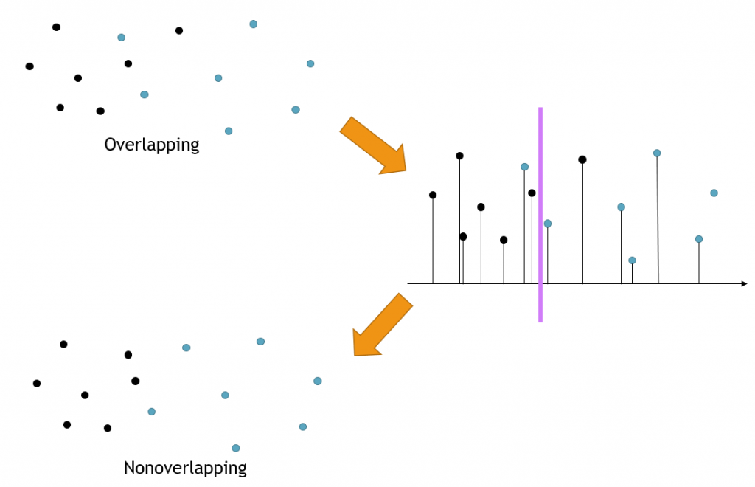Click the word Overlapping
click(152, 144)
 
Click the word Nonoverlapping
click(185, 468)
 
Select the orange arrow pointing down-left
click(381, 325)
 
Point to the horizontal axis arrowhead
click(744, 283)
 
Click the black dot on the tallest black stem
click(459, 156)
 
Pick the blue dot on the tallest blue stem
click(657, 153)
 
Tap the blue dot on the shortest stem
click(632, 260)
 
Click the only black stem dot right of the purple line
click(582, 159)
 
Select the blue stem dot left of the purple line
click(524, 167)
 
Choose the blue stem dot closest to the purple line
click(547, 224)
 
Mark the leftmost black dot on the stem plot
click(433, 195)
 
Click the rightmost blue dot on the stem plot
click(714, 193)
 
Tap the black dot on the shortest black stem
click(504, 240)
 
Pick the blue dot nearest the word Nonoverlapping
click(236, 448)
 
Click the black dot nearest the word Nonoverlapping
click(108, 428)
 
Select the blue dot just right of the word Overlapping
click(229, 131)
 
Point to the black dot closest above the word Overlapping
click(100, 111)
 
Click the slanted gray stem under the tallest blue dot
click(658, 221)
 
